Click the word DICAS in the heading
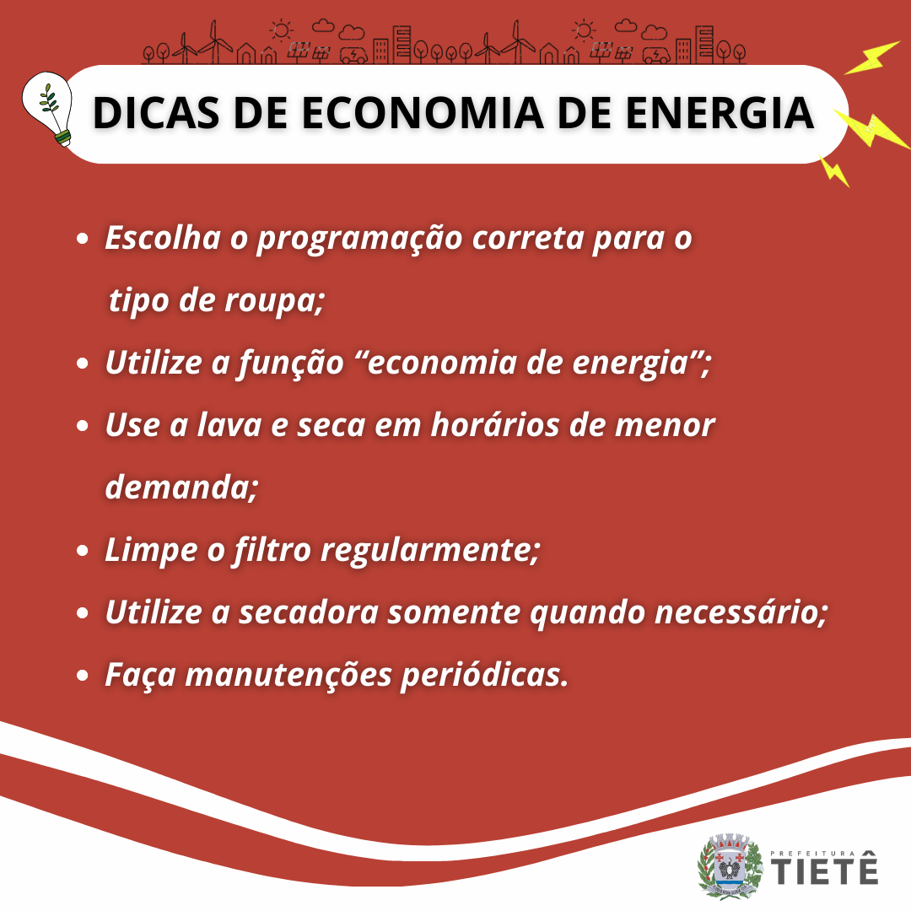156,113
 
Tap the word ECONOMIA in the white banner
423,113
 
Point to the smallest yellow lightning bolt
835,171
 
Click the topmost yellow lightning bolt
871,58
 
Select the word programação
359,240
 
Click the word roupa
274,302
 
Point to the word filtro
272,550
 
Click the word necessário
741,612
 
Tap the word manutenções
288,675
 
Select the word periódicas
484,675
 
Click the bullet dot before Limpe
83,551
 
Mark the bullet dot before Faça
83,676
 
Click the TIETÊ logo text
824,868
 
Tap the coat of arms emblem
730,865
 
